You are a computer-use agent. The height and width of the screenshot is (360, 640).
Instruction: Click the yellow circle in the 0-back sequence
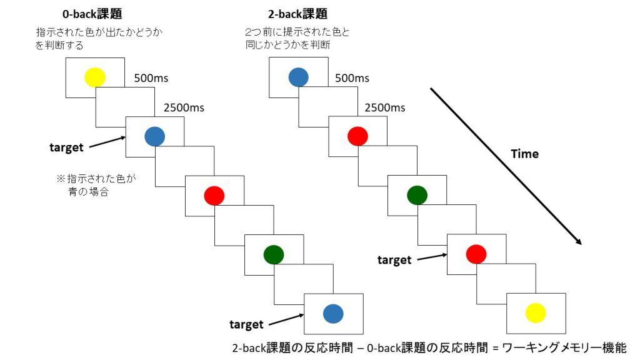pyautogui.click(x=95, y=77)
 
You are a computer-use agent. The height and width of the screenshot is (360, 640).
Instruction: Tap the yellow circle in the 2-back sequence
pyautogui.click(x=536, y=312)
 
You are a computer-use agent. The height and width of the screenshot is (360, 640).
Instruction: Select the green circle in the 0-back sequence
pyautogui.click(x=274, y=254)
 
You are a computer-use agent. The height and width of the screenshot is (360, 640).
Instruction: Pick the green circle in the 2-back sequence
pyautogui.click(x=417, y=195)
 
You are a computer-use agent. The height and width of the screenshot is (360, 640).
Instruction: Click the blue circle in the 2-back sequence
pyautogui.click(x=299, y=77)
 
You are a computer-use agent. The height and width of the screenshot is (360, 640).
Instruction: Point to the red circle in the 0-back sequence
pyautogui.click(x=214, y=196)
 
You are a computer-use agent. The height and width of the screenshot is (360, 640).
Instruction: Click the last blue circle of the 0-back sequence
pyautogui.click(x=332, y=313)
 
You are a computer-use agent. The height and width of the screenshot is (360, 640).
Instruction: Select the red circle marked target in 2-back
pyautogui.click(x=476, y=253)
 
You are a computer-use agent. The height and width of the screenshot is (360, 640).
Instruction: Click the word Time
pyautogui.click(x=524, y=154)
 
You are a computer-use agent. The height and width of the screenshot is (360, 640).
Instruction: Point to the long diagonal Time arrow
pyautogui.click(x=506, y=166)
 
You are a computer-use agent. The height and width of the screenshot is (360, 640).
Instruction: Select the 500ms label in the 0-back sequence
pyautogui.click(x=151, y=78)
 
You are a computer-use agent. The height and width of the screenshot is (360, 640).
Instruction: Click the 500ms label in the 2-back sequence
pyautogui.click(x=352, y=78)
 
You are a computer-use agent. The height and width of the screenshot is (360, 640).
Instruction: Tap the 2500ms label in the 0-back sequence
pyautogui.click(x=184, y=107)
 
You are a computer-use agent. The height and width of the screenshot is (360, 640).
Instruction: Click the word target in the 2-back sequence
pyautogui.click(x=394, y=260)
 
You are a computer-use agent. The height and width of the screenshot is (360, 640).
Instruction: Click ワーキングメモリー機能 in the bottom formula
pyautogui.click(x=569, y=347)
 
